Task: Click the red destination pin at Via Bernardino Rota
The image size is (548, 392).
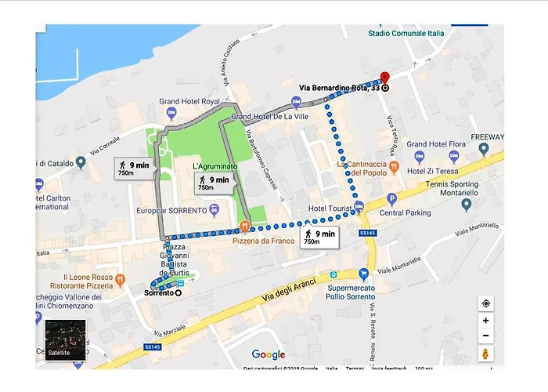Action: tap(384, 77)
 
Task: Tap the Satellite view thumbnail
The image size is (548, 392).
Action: tap(65, 339)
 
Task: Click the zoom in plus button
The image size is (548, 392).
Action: tap(485, 321)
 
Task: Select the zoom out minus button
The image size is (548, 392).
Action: tap(485, 336)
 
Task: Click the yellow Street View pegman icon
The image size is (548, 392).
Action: tap(485, 354)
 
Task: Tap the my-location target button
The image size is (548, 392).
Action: tap(485, 303)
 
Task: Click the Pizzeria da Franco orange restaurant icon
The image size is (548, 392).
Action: tap(245, 227)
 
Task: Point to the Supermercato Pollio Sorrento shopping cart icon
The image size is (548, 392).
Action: tap(363, 274)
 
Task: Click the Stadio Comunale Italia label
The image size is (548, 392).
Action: tap(406, 33)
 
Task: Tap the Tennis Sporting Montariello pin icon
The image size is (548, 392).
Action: tap(467, 205)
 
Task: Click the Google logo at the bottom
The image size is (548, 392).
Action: tap(268, 355)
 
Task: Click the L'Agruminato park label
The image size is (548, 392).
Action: tap(216, 167)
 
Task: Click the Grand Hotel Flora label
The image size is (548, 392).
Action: tap(437, 144)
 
